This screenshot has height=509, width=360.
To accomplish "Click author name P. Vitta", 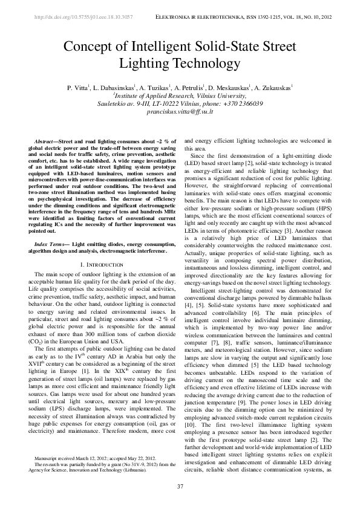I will (77, 88).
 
